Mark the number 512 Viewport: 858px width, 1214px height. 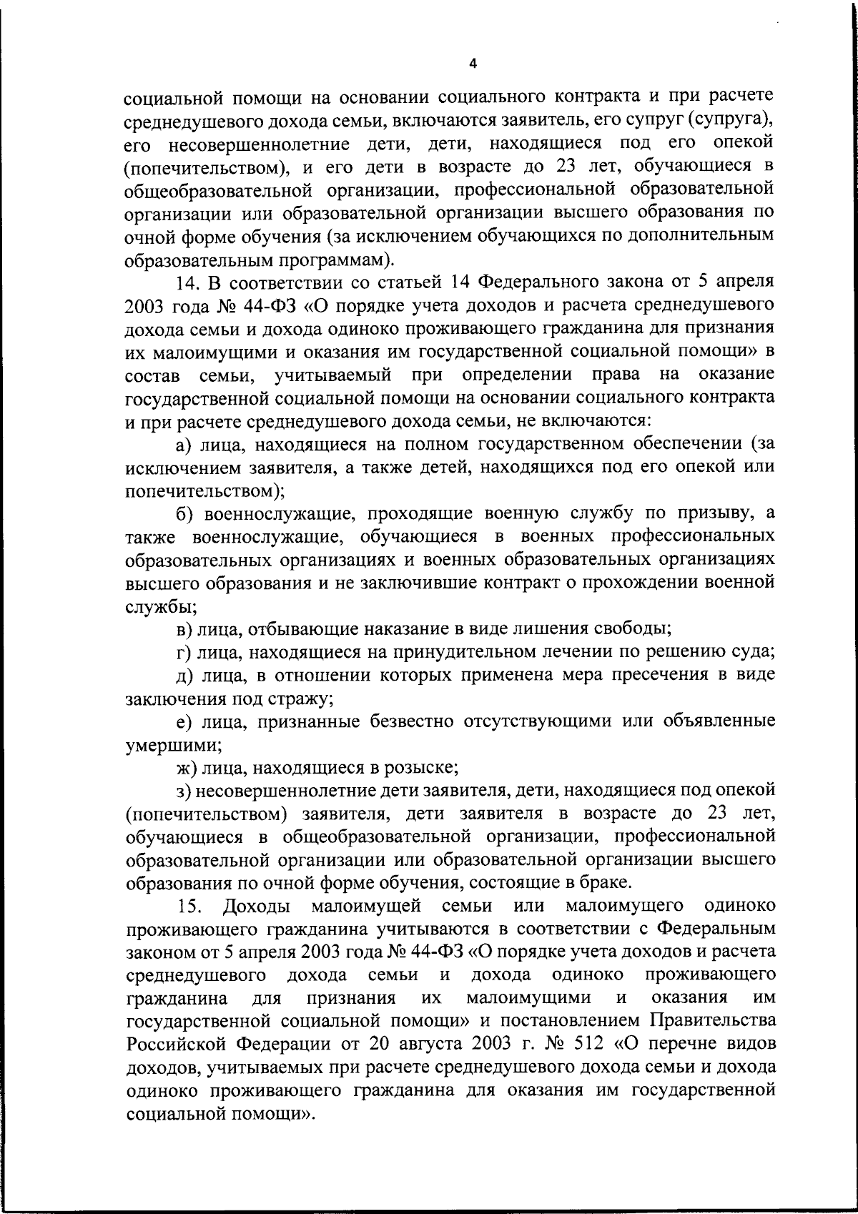pyautogui.click(x=586, y=1043)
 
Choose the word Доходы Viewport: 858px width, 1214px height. pyautogui.click(x=256, y=907)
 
